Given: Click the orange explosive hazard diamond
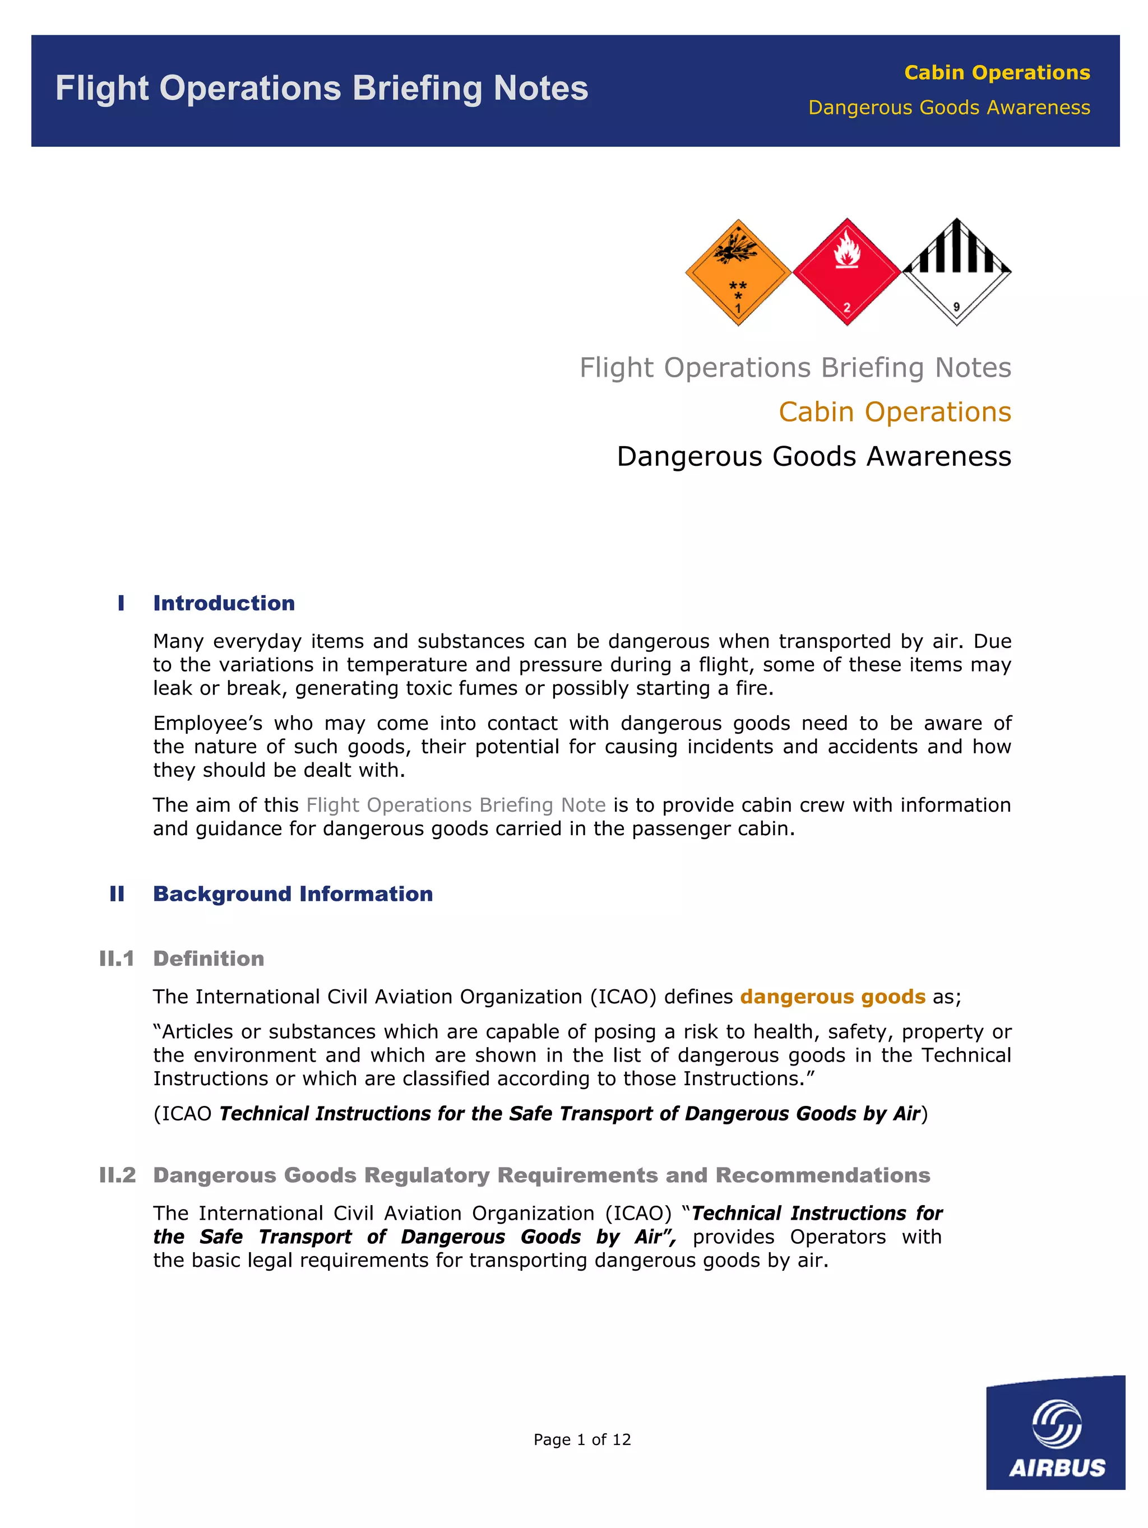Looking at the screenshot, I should (x=737, y=272).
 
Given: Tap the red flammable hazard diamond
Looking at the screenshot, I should (x=846, y=272).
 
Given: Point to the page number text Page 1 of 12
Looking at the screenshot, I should (x=582, y=1439).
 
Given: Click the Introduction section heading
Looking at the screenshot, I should (x=224, y=603).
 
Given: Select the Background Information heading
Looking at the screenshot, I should (x=293, y=894).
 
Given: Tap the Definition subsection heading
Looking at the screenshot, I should (x=209, y=959).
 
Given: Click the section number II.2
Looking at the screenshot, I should (x=117, y=1175).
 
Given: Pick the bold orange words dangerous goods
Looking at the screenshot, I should (x=832, y=997).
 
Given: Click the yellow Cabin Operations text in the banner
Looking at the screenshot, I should (x=997, y=72).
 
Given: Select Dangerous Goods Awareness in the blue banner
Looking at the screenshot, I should (x=949, y=108).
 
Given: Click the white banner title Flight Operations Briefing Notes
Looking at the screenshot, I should (x=322, y=89).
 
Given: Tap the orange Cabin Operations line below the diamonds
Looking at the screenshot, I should (x=895, y=411).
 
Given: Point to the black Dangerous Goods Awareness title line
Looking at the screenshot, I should (x=814, y=457).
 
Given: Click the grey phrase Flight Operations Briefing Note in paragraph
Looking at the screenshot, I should (x=456, y=805).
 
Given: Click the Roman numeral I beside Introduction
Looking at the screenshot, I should (x=121, y=603).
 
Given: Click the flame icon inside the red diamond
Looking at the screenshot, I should (x=846, y=250).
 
